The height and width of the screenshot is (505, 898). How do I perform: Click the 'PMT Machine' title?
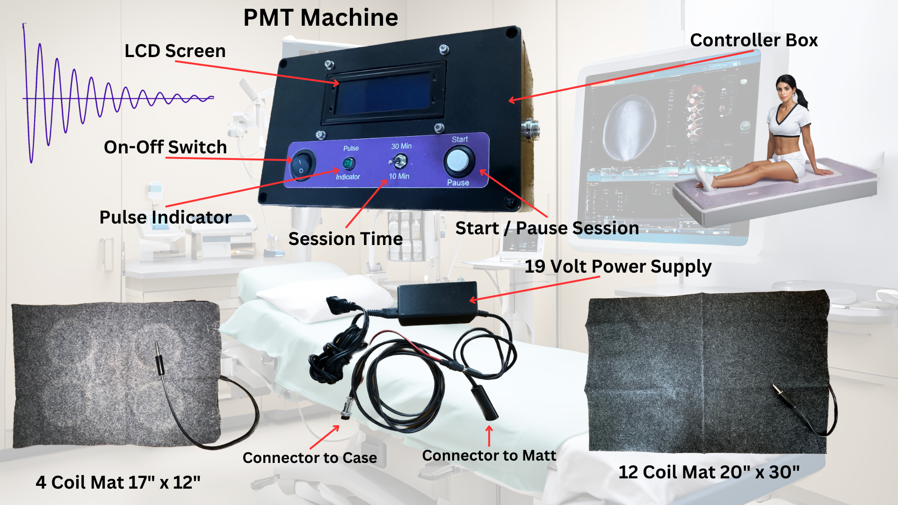(321, 18)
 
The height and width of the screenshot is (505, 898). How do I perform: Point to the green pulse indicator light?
(348, 163)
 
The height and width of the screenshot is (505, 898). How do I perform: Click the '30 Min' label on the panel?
(401, 146)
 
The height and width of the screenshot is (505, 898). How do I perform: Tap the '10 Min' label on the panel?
(399, 176)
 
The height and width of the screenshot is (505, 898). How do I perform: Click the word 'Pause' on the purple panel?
(458, 182)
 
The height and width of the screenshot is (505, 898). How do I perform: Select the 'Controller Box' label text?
(754, 40)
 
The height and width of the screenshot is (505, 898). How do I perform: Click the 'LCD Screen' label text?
(175, 51)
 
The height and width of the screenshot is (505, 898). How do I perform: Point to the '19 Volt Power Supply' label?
(618, 267)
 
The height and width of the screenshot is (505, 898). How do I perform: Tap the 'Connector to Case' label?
(310, 458)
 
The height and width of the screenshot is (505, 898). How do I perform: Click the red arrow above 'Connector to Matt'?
(489, 436)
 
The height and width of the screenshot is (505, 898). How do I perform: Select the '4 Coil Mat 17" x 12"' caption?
(118, 483)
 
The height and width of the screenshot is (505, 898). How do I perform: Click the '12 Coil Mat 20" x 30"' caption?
(709, 472)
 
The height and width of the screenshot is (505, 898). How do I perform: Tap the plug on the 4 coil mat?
(159, 358)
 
